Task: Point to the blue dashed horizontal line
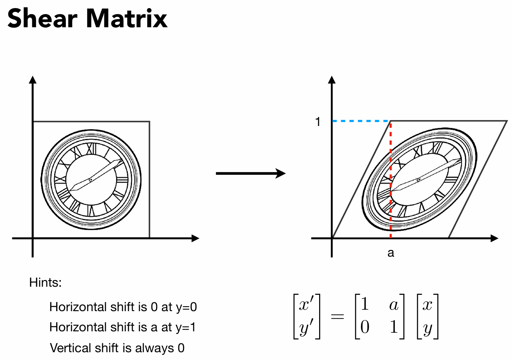361,121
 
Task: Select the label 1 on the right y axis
318,122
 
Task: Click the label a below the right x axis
391,253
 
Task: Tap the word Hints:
45,282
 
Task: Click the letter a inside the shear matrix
393,304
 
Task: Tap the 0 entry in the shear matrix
365,327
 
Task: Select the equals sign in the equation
337,316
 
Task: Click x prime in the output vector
306,304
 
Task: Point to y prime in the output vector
306,328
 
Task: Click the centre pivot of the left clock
91,180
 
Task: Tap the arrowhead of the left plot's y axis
33,80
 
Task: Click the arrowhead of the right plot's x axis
494,238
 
